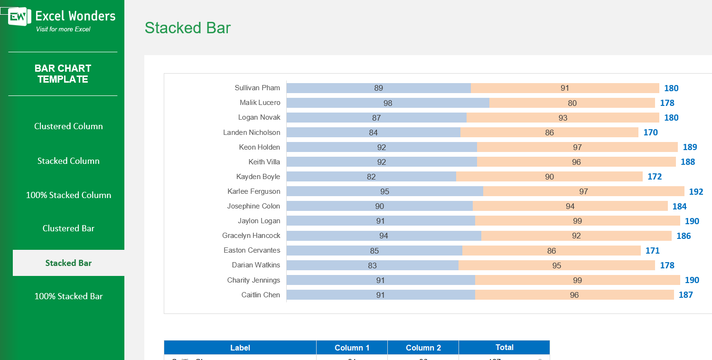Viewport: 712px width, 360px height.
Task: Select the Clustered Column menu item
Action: click(x=68, y=126)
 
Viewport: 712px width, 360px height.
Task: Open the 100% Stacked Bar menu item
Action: click(x=68, y=296)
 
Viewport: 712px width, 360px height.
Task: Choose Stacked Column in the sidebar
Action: click(x=68, y=161)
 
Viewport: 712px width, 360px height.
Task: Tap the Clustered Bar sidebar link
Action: click(x=68, y=228)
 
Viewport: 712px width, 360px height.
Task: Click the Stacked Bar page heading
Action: click(x=187, y=28)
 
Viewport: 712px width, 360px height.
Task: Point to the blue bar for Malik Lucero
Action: click(x=388, y=103)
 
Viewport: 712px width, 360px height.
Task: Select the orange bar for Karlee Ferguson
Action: click(x=583, y=191)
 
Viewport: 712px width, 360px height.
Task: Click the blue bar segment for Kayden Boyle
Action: click(x=371, y=177)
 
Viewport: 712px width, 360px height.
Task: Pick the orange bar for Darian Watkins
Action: click(x=556, y=265)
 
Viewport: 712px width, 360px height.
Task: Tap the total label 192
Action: click(x=696, y=192)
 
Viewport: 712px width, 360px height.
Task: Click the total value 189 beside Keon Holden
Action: click(x=690, y=147)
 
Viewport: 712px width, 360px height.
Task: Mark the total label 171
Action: click(x=652, y=251)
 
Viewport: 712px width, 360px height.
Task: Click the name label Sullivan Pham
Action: click(x=257, y=88)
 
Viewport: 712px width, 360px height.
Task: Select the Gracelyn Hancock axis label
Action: click(x=251, y=236)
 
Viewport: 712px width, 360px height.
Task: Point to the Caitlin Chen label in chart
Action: click(x=261, y=295)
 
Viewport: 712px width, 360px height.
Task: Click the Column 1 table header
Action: click(x=352, y=348)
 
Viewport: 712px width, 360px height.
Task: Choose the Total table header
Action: click(x=504, y=347)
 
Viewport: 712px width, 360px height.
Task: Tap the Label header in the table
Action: click(x=240, y=348)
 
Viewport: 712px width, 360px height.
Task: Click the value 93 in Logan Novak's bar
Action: click(x=562, y=118)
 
